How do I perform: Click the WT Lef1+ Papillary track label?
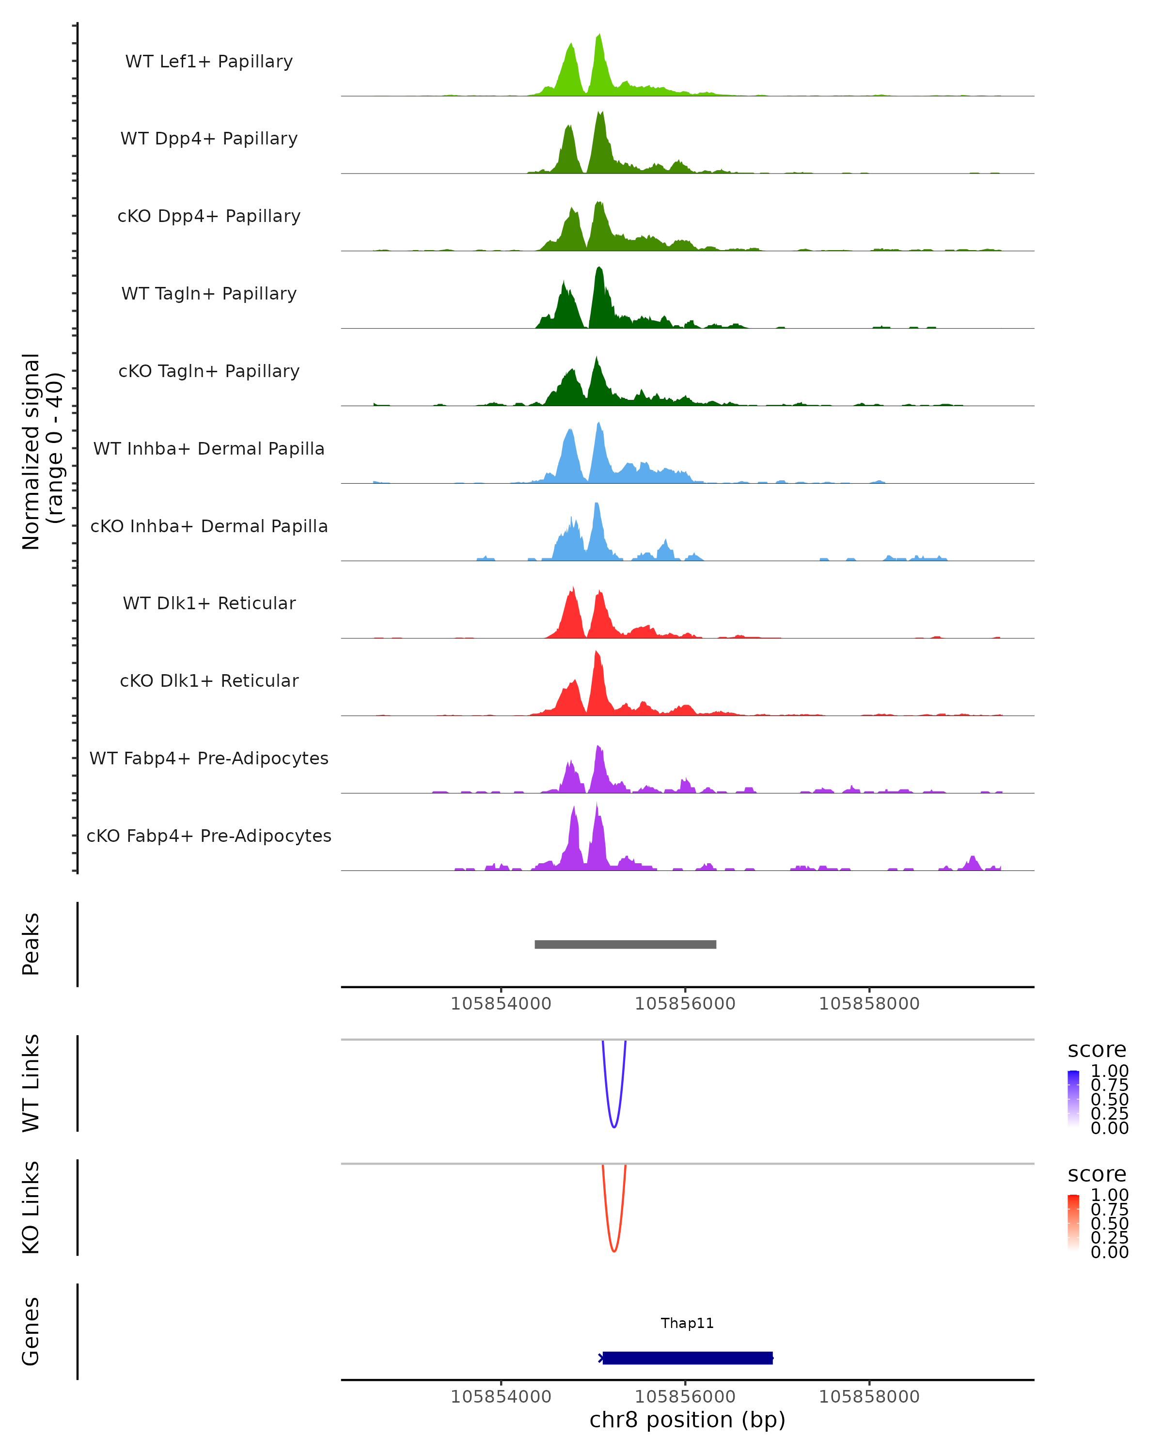(x=209, y=62)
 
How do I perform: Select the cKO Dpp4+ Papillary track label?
(x=209, y=216)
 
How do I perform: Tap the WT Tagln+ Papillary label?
(x=209, y=293)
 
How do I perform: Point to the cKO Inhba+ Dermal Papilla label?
(x=209, y=526)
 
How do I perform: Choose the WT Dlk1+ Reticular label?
(x=209, y=603)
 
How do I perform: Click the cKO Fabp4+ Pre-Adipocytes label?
(x=209, y=836)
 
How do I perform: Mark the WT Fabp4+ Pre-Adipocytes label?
(x=209, y=758)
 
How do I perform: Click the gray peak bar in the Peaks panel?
(x=625, y=944)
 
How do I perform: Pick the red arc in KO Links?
(x=613, y=1250)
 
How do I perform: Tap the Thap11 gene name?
(x=687, y=1323)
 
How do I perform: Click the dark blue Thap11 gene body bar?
(x=687, y=1358)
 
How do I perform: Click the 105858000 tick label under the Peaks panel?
(x=869, y=1004)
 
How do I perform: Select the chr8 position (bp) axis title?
(x=687, y=1420)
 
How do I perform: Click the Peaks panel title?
(x=31, y=944)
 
